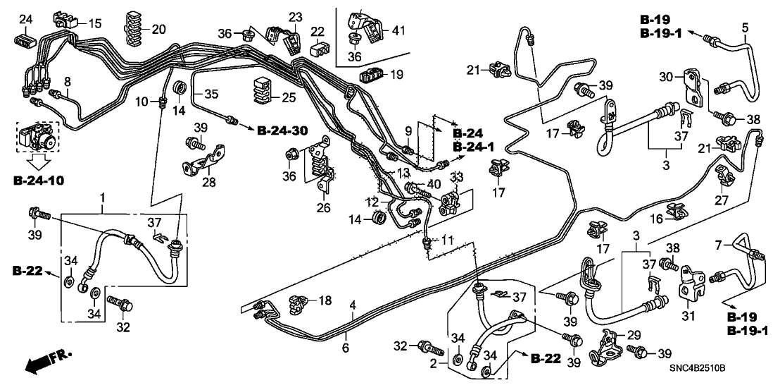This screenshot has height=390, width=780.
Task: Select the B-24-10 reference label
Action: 38,181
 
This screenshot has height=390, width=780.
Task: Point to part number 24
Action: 25,18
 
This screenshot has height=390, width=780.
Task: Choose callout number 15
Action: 94,23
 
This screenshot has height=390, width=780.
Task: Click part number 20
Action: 158,30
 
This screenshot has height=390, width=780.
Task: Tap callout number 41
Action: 399,31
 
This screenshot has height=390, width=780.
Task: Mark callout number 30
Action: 665,76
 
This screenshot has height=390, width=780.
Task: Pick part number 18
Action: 325,302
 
